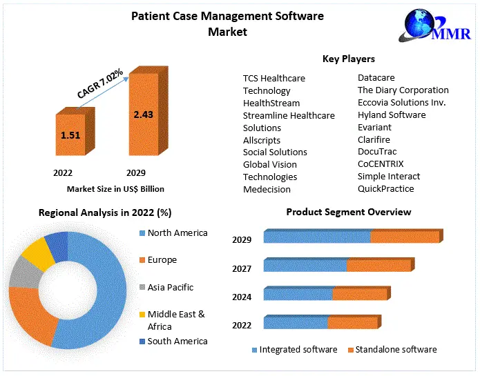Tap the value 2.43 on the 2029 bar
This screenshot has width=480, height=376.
tap(144, 114)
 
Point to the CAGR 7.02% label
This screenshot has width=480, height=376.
tap(100, 83)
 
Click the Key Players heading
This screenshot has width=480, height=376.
tap(348, 59)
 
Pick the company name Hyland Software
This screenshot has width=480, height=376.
tap(392, 115)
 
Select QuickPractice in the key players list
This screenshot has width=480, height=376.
tap(385, 188)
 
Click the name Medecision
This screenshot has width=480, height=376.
tap(267, 189)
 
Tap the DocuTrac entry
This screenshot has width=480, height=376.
tap(377, 152)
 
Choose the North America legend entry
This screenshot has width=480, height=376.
tap(177, 233)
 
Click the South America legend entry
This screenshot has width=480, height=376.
tap(177, 341)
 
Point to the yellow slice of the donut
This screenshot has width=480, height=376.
tap(37, 254)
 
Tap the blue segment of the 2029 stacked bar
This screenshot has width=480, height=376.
tap(316, 237)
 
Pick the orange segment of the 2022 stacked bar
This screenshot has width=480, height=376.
tap(353, 322)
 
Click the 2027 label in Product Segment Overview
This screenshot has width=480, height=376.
tap(242, 268)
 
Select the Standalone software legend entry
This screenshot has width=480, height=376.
tap(396, 350)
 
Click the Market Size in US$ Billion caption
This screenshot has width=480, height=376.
tap(115, 188)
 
